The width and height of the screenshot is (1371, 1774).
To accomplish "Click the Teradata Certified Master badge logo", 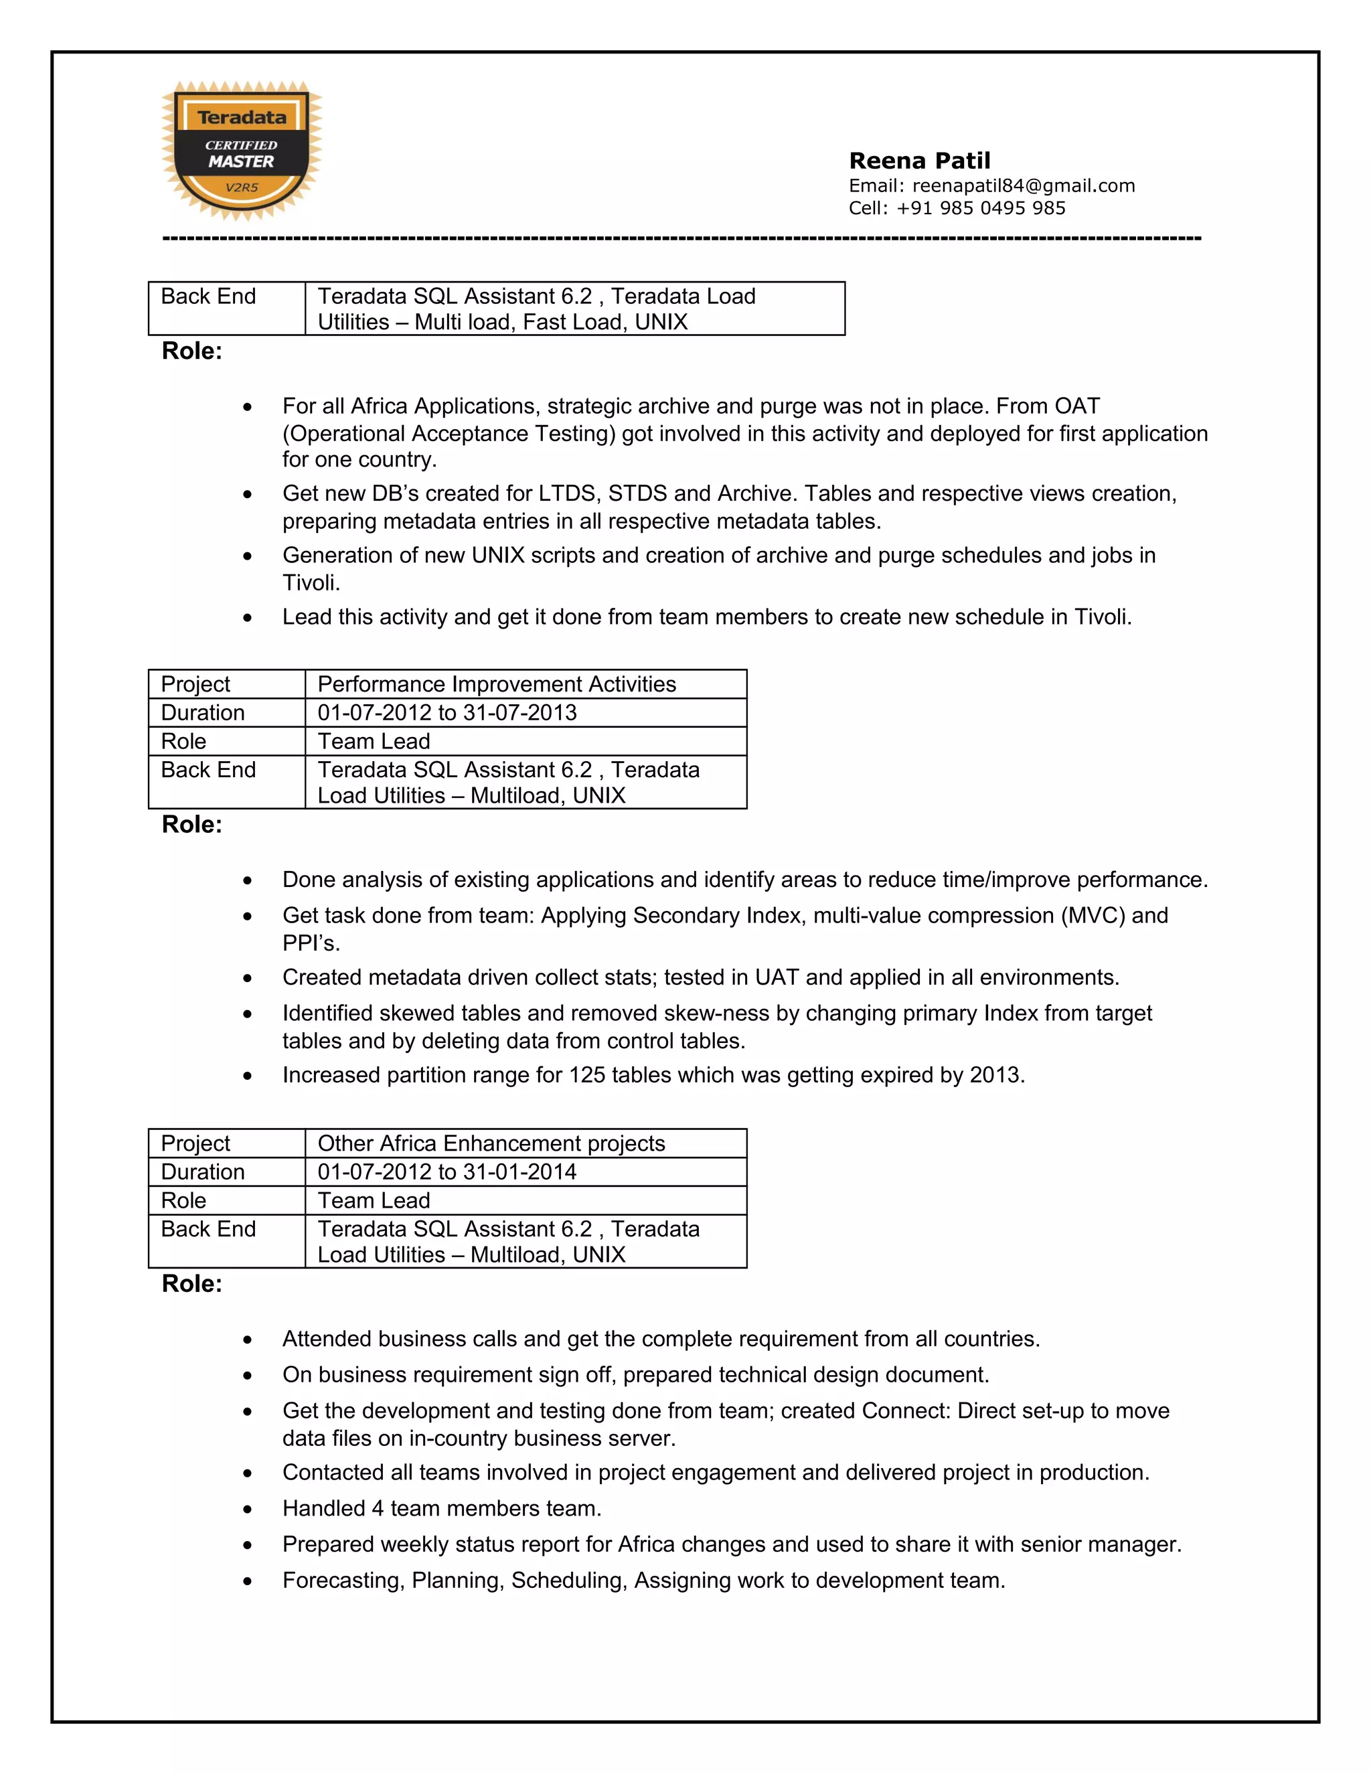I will pyautogui.click(x=241, y=151).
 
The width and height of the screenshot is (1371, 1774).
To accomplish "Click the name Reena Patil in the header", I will pyautogui.click(x=919, y=161).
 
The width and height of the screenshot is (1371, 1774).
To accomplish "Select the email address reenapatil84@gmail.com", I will pyautogui.click(x=1024, y=186).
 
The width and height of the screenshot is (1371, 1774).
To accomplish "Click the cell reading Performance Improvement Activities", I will pyautogui.click(x=496, y=684).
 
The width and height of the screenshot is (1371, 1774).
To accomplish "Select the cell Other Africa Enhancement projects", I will pyautogui.click(x=491, y=1143).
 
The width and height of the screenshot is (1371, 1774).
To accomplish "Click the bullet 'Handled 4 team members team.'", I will pyautogui.click(x=442, y=1508).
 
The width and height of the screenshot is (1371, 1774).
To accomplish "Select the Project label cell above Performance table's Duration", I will pyautogui.click(x=195, y=684).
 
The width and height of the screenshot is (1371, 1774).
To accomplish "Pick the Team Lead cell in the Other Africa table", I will pyautogui.click(x=374, y=1200).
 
